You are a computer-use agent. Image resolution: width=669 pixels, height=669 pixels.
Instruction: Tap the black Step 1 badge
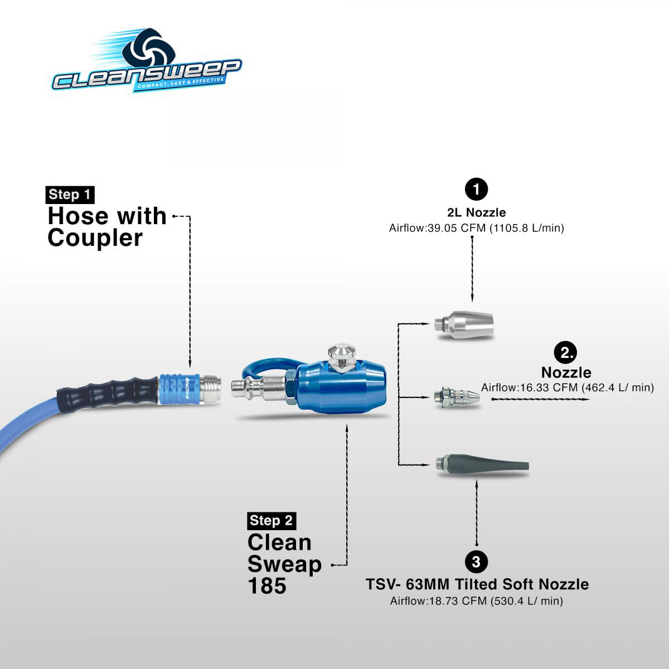(70, 195)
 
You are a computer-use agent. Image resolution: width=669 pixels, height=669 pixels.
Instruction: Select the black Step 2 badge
(272, 520)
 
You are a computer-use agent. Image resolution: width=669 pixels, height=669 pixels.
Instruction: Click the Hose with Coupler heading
(106, 226)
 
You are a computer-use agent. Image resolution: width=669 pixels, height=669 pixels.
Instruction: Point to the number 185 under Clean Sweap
(267, 586)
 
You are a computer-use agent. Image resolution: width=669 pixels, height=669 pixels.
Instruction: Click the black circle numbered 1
(476, 189)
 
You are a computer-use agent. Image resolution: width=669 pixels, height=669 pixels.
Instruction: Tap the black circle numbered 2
(566, 352)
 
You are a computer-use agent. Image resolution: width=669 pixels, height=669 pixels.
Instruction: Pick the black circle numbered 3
(477, 560)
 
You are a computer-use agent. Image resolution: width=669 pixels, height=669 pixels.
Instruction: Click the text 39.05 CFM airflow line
(476, 228)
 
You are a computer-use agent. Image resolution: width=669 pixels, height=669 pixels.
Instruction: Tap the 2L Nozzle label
(476, 212)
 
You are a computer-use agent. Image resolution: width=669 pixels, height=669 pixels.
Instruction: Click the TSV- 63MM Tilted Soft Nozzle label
(477, 584)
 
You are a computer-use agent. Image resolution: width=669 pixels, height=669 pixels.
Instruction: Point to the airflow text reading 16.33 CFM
(567, 387)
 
